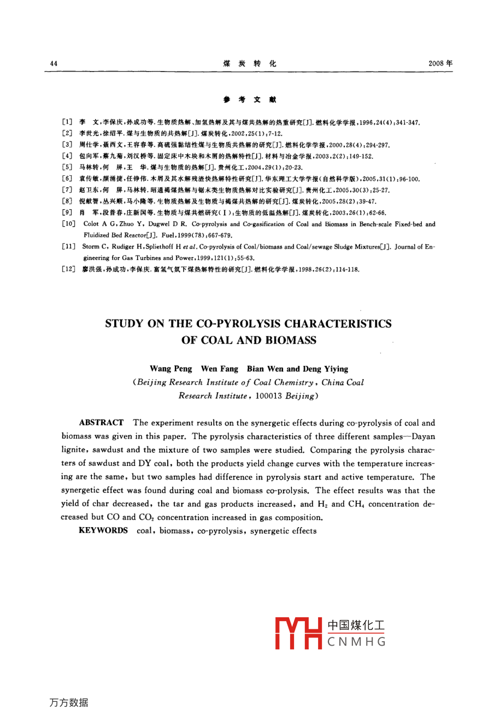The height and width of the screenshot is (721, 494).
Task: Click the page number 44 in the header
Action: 54,63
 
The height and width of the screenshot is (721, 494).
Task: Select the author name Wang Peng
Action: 170,369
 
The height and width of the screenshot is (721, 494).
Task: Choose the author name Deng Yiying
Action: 327,369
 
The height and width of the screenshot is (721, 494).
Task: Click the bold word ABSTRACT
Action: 101,423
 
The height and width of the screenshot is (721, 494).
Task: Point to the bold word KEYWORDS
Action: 103,530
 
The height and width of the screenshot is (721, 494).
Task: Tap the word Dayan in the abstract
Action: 423,436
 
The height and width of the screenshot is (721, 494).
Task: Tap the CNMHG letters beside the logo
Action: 356,641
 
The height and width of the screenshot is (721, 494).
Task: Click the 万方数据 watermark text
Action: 69,703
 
